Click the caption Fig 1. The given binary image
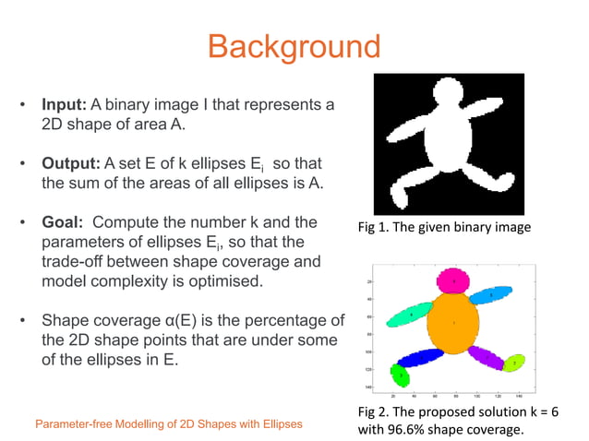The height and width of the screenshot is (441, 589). click(442, 228)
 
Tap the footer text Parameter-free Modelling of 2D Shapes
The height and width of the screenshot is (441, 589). click(168, 424)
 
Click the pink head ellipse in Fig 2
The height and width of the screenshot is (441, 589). click(453, 280)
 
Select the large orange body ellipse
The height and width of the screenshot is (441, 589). click(454, 323)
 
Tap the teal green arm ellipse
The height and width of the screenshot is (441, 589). click(411, 315)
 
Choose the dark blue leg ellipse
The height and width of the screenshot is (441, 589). click(421, 357)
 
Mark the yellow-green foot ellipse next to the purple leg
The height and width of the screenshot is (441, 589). click(514, 363)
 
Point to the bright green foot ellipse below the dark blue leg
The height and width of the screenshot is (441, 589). click(400, 375)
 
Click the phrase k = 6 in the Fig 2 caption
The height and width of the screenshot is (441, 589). click(540, 411)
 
